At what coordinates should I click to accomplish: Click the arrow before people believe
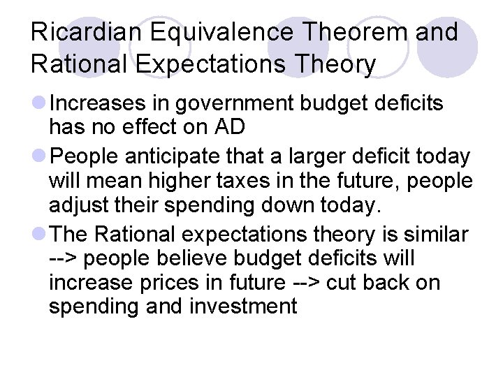tap(64, 259)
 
